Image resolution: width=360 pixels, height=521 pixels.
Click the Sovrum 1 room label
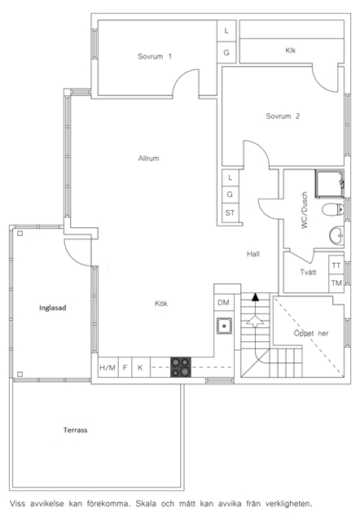pos(155,56)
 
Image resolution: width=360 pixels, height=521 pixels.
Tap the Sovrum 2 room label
pos(283,116)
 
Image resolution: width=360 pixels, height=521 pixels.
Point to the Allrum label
pos(148,159)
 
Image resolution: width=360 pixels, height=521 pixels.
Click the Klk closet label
pos(290,50)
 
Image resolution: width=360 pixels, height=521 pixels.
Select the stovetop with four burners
pos(181,367)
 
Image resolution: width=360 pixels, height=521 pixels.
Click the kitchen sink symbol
pos(224,326)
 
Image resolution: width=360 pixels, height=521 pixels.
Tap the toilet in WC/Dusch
pos(333,209)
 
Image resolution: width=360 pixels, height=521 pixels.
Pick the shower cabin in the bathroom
pos(329,184)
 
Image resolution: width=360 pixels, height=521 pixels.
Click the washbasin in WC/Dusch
pos(336,235)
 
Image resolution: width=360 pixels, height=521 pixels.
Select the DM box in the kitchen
pos(224,302)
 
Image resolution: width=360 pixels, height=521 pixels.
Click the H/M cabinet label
pos(108,367)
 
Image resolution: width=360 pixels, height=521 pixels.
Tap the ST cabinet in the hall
pos(230,212)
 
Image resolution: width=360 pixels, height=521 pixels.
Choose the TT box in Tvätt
pos(336,266)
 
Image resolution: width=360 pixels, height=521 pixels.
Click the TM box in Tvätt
pos(336,283)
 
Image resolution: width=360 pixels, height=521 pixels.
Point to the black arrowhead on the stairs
pos(255,296)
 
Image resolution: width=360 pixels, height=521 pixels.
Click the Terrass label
pos(76,430)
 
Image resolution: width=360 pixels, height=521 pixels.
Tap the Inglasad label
pos(52,308)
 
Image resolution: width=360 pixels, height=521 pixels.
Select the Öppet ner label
pos(311,333)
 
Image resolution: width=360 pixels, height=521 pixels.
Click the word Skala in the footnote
pos(147,503)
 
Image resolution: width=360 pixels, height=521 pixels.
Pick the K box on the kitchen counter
pos(141,367)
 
